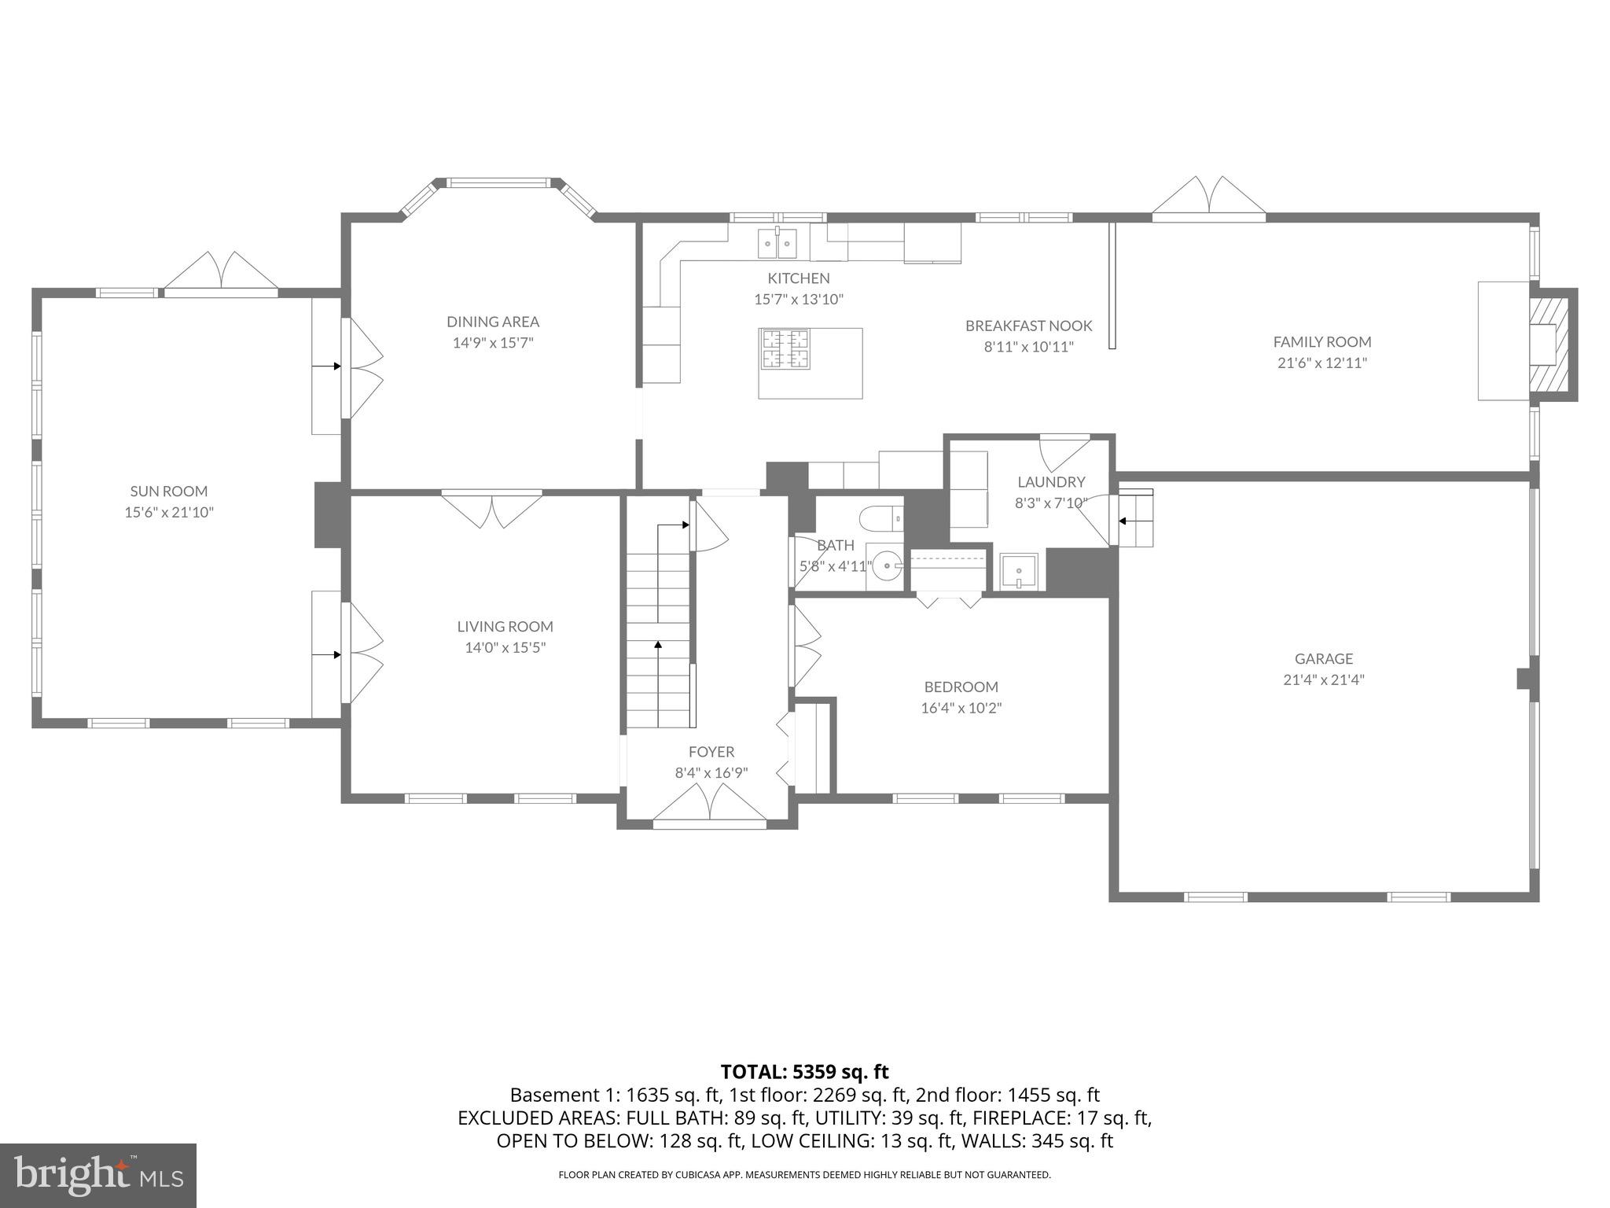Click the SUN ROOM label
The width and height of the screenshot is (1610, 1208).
(x=169, y=491)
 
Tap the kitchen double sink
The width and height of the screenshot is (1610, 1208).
(x=777, y=243)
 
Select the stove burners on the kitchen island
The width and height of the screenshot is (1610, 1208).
(x=785, y=348)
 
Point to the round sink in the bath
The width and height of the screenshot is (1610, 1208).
(x=887, y=565)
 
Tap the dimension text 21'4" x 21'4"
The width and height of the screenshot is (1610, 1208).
(x=1324, y=679)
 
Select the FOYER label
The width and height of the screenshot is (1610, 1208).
(x=711, y=752)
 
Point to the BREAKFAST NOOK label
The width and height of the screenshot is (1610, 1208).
(x=1028, y=326)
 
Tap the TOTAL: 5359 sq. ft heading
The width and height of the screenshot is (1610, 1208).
(x=804, y=1072)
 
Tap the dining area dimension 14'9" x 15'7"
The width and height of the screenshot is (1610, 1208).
(x=493, y=342)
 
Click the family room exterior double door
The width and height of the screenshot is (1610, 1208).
(x=1209, y=197)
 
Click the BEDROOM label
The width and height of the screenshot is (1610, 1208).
(x=961, y=687)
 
